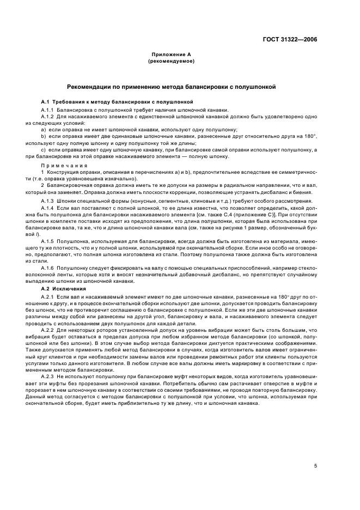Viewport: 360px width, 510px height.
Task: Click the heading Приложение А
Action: (171, 56)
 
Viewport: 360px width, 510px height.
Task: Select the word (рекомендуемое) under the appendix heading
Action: (171, 62)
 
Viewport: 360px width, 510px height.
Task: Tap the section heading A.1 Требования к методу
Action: (117, 102)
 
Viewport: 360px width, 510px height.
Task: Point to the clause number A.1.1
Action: (48, 110)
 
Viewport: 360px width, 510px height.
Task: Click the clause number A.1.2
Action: (48, 116)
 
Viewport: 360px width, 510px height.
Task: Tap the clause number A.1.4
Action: (48, 208)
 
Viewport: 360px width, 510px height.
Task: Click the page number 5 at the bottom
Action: (315, 466)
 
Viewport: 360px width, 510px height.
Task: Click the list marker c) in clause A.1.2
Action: (43, 150)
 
